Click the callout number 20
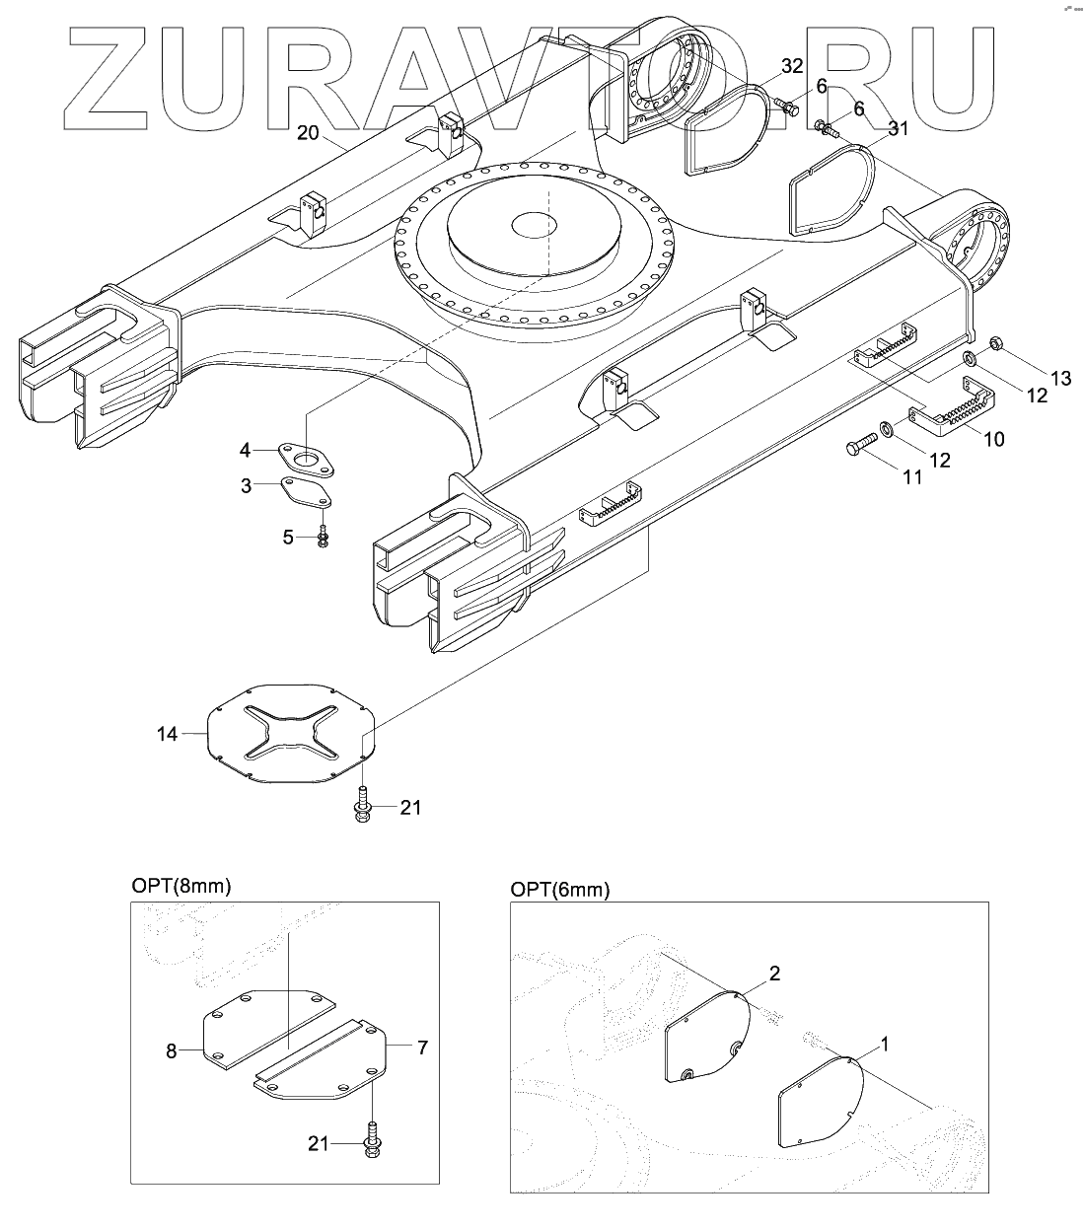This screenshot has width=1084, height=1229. click(308, 134)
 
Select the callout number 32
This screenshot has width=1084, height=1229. click(792, 67)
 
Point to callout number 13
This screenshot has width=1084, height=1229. click(1059, 379)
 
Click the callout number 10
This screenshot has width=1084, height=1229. click(994, 439)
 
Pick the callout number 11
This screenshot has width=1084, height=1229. click(911, 476)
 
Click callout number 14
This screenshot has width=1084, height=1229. click(167, 734)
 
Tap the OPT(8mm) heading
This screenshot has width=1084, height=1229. click(181, 886)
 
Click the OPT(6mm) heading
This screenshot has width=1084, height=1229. click(560, 890)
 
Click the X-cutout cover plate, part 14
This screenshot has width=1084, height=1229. click(291, 735)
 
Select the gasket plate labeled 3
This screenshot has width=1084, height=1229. click(305, 491)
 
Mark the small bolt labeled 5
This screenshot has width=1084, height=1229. click(324, 538)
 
